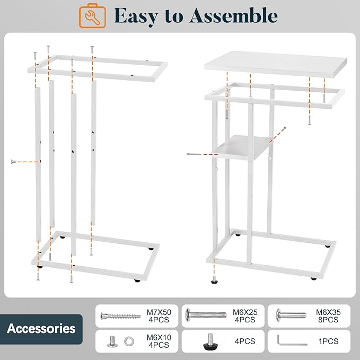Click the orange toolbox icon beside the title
(x=92, y=15)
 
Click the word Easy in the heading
(x=136, y=15)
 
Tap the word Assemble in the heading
(x=233, y=15)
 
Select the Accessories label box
(x=41, y=329)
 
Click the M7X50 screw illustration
(x=120, y=316)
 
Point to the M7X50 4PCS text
(x=159, y=316)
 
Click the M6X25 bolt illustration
(x=206, y=314)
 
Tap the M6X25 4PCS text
(x=245, y=316)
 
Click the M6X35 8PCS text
(x=328, y=316)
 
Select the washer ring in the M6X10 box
(x=129, y=341)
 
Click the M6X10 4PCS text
(x=159, y=341)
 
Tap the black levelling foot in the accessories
(x=210, y=342)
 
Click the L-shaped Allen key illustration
(x=292, y=340)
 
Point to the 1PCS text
(x=328, y=341)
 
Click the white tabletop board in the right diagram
(x=276, y=64)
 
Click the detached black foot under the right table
(x=214, y=279)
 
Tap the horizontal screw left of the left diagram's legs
(x=13, y=162)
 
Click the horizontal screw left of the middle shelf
(x=194, y=154)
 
